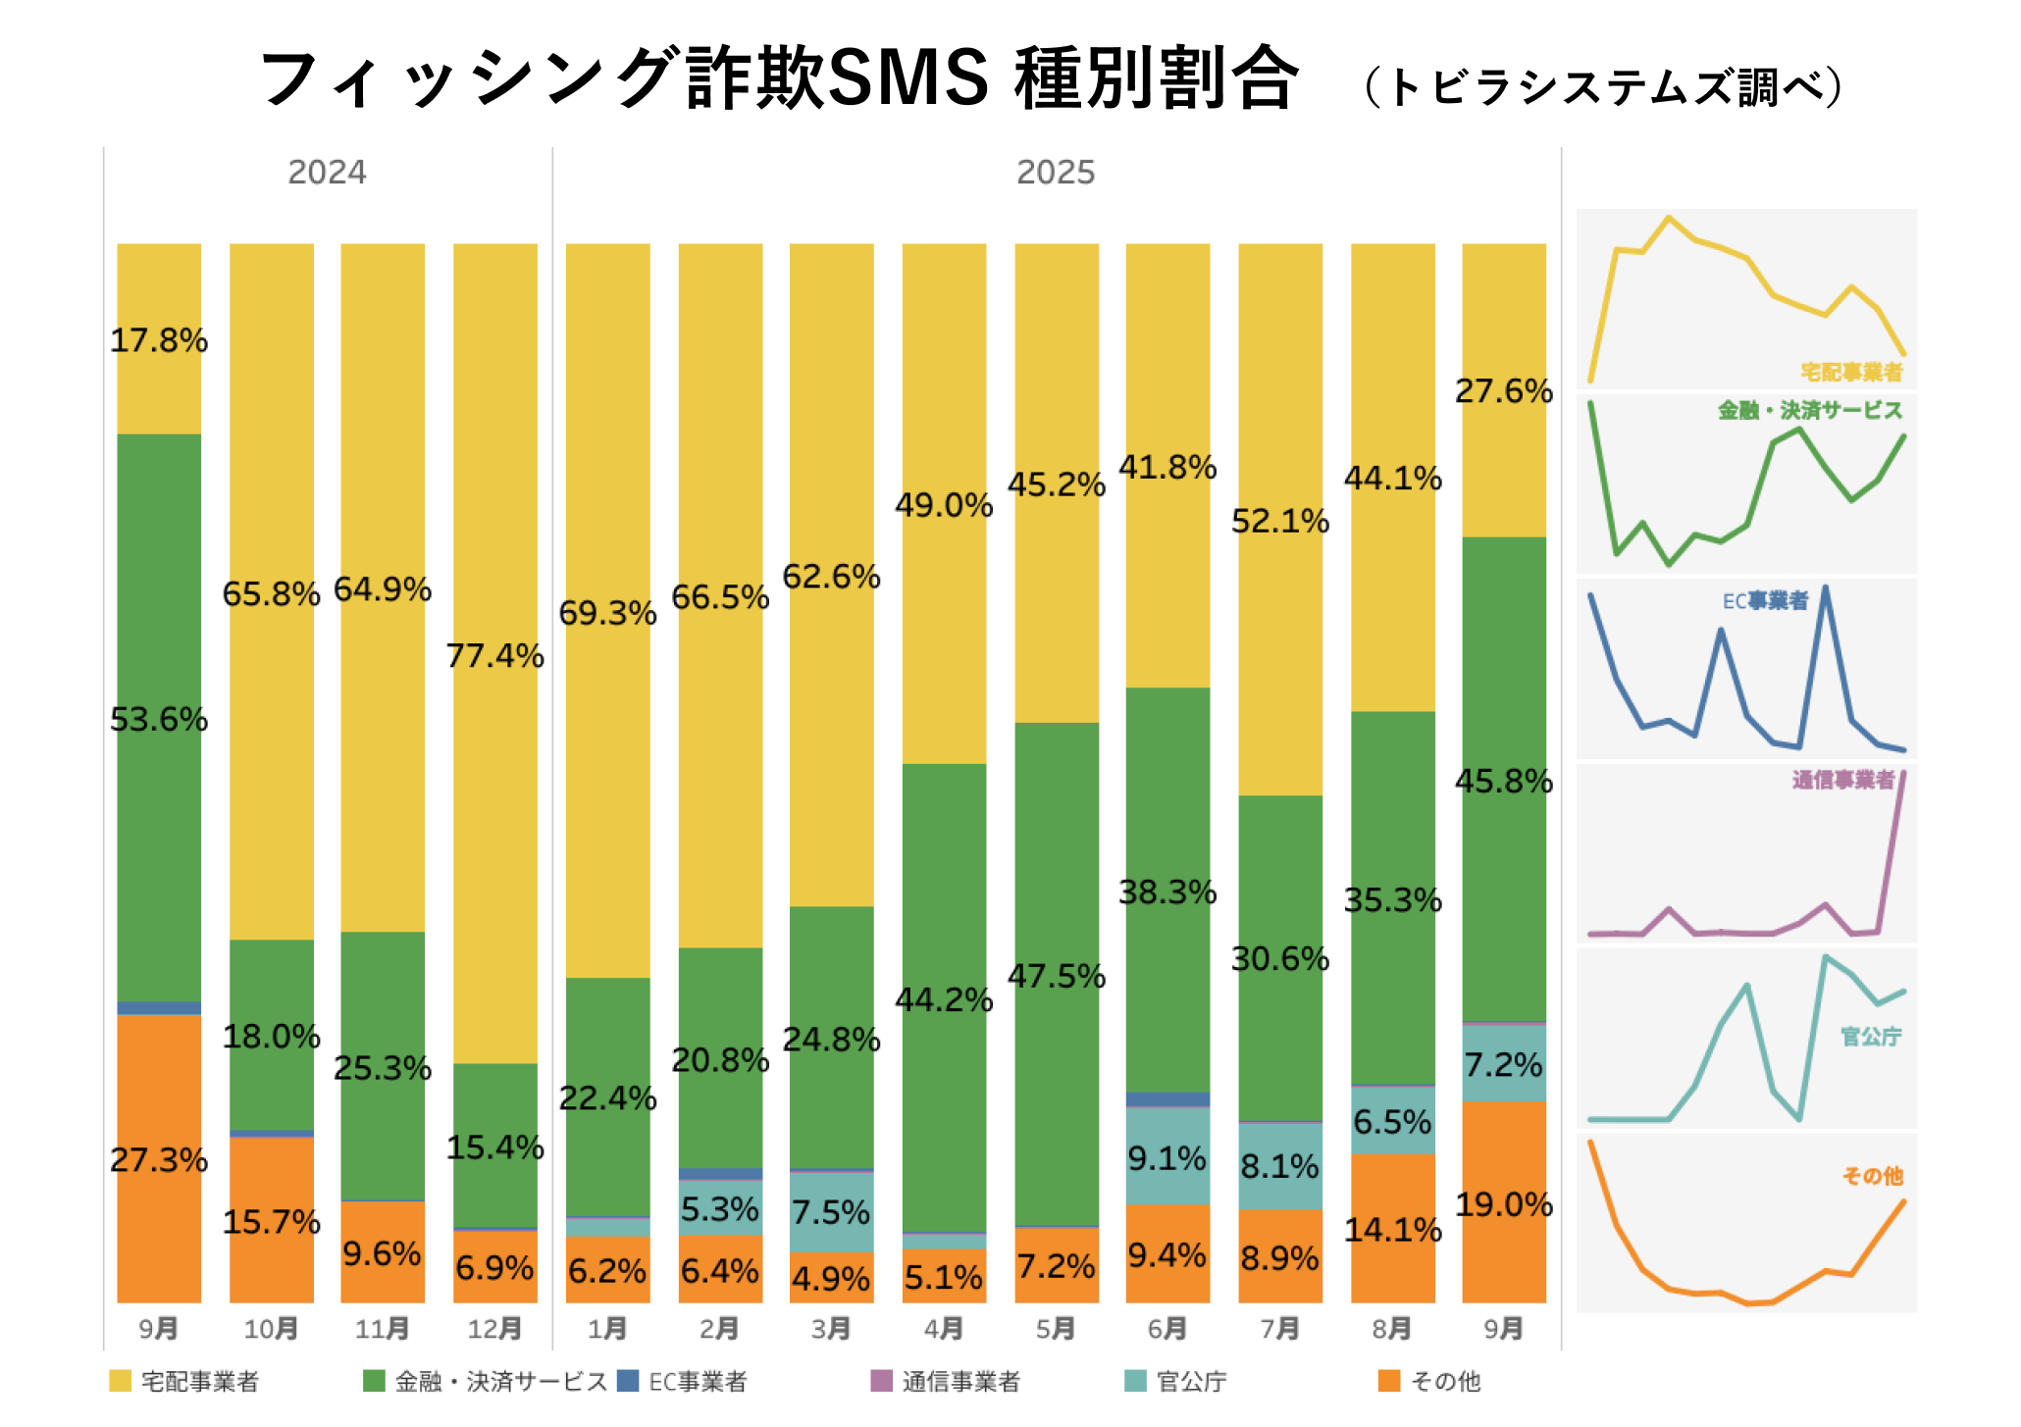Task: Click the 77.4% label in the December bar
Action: click(x=494, y=655)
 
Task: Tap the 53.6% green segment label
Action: click(x=159, y=719)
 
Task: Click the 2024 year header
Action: click(x=327, y=173)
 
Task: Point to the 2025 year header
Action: click(x=1056, y=173)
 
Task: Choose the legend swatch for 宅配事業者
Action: click(x=120, y=1381)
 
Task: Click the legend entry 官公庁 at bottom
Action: click(x=1191, y=1381)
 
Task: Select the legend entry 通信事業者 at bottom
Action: click(x=960, y=1381)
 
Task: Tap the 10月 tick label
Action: click(x=271, y=1329)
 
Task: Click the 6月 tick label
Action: click(x=1167, y=1329)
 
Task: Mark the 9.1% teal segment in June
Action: click(x=1166, y=1158)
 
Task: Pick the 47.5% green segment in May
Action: click(x=1057, y=976)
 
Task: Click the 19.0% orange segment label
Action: click(x=1504, y=1204)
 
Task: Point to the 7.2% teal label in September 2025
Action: click(x=1504, y=1064)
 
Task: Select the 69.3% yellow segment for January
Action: click(x=607, y=613)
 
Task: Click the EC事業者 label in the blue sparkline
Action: click(x=1765, y=601)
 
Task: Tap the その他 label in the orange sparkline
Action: click(x=1872, y=1176)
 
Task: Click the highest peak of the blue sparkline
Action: click(x=1825, y=588)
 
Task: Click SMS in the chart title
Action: click(x=907, y=78)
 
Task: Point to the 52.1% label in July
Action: click(x=1280, y=521)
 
